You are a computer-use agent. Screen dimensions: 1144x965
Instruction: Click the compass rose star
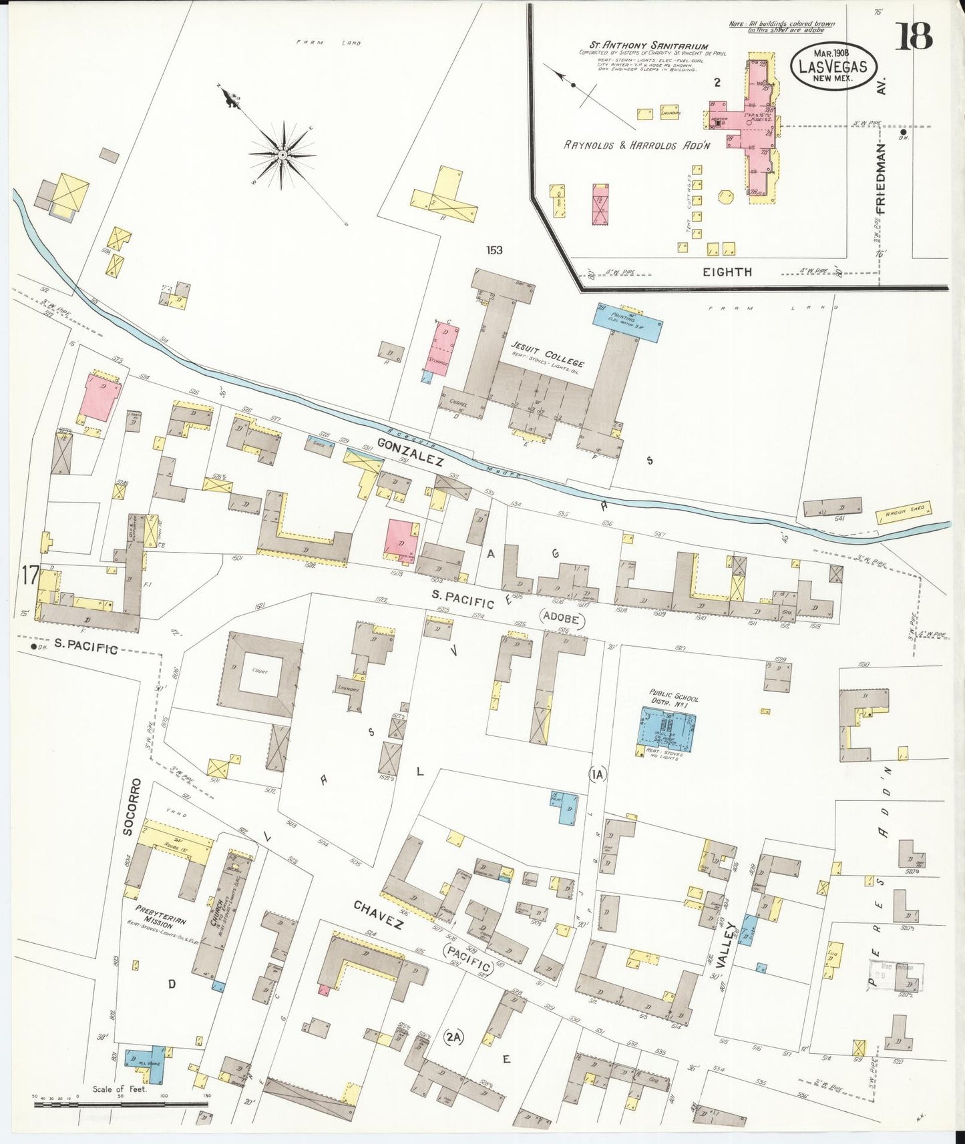(282, 155)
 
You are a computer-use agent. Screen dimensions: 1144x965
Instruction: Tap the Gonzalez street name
(410, 453)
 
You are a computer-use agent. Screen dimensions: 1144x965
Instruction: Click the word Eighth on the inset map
(727, 272)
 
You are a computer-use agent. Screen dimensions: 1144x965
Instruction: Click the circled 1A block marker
(597, 774)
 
